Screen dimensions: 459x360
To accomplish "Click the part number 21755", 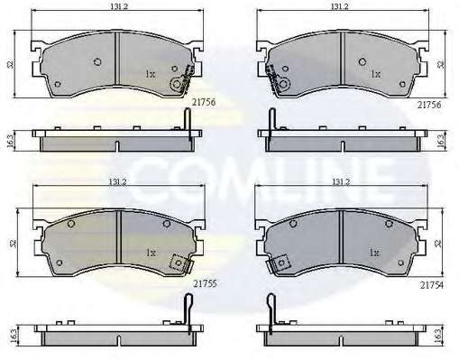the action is pyautogui.click(x=205, y=283).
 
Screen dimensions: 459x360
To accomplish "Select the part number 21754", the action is pyautogui.click(x=432, y=285).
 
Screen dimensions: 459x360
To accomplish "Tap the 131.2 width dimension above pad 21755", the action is pyautogui.click(x=118, y=181).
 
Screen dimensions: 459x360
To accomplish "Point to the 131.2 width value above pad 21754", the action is pyautogui.click(x=341, y=181).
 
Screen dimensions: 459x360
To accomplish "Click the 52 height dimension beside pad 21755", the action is pyautogui.click(x=13, y=243).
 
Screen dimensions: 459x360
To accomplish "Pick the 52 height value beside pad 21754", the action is pyautogui.click(x=439, y=243).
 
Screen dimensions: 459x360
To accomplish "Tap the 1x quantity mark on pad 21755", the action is pyautogui.click(x=151, y=253).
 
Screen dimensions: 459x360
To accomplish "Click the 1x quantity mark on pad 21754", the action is pyautogui.click(x=374, y=253).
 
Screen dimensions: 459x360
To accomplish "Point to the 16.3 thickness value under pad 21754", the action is pyautogui.click(x=439, y=335).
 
